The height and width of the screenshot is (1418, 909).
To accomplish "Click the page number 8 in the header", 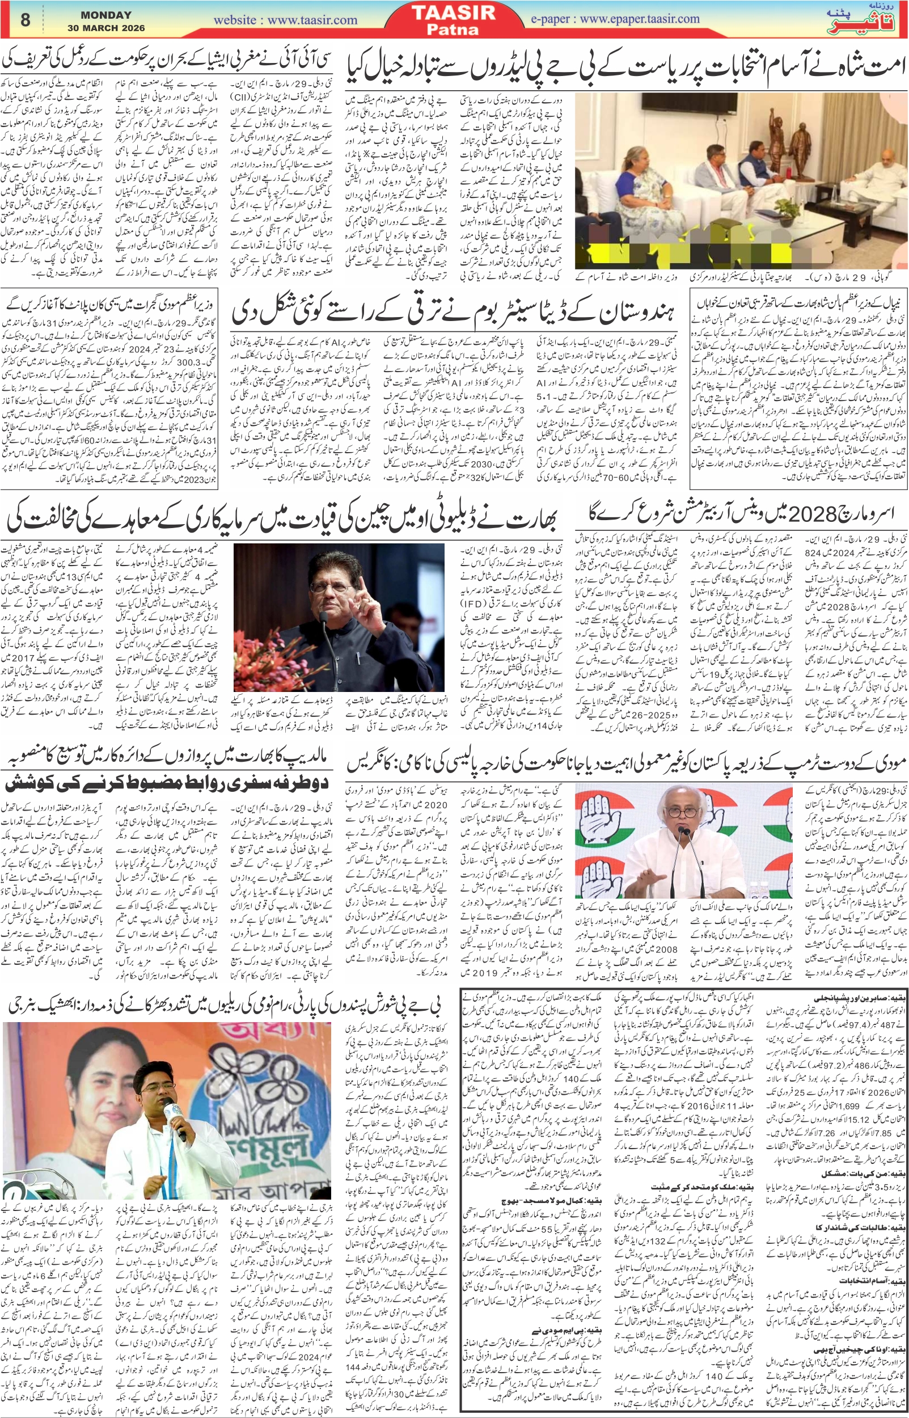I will [25, 20].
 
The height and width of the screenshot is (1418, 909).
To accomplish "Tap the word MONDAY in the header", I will [106, 15].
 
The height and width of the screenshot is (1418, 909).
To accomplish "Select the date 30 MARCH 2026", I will [106, 28].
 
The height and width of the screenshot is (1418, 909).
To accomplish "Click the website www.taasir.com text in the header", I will [285, 20].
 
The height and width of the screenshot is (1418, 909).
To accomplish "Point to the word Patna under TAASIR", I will [454, 29].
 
